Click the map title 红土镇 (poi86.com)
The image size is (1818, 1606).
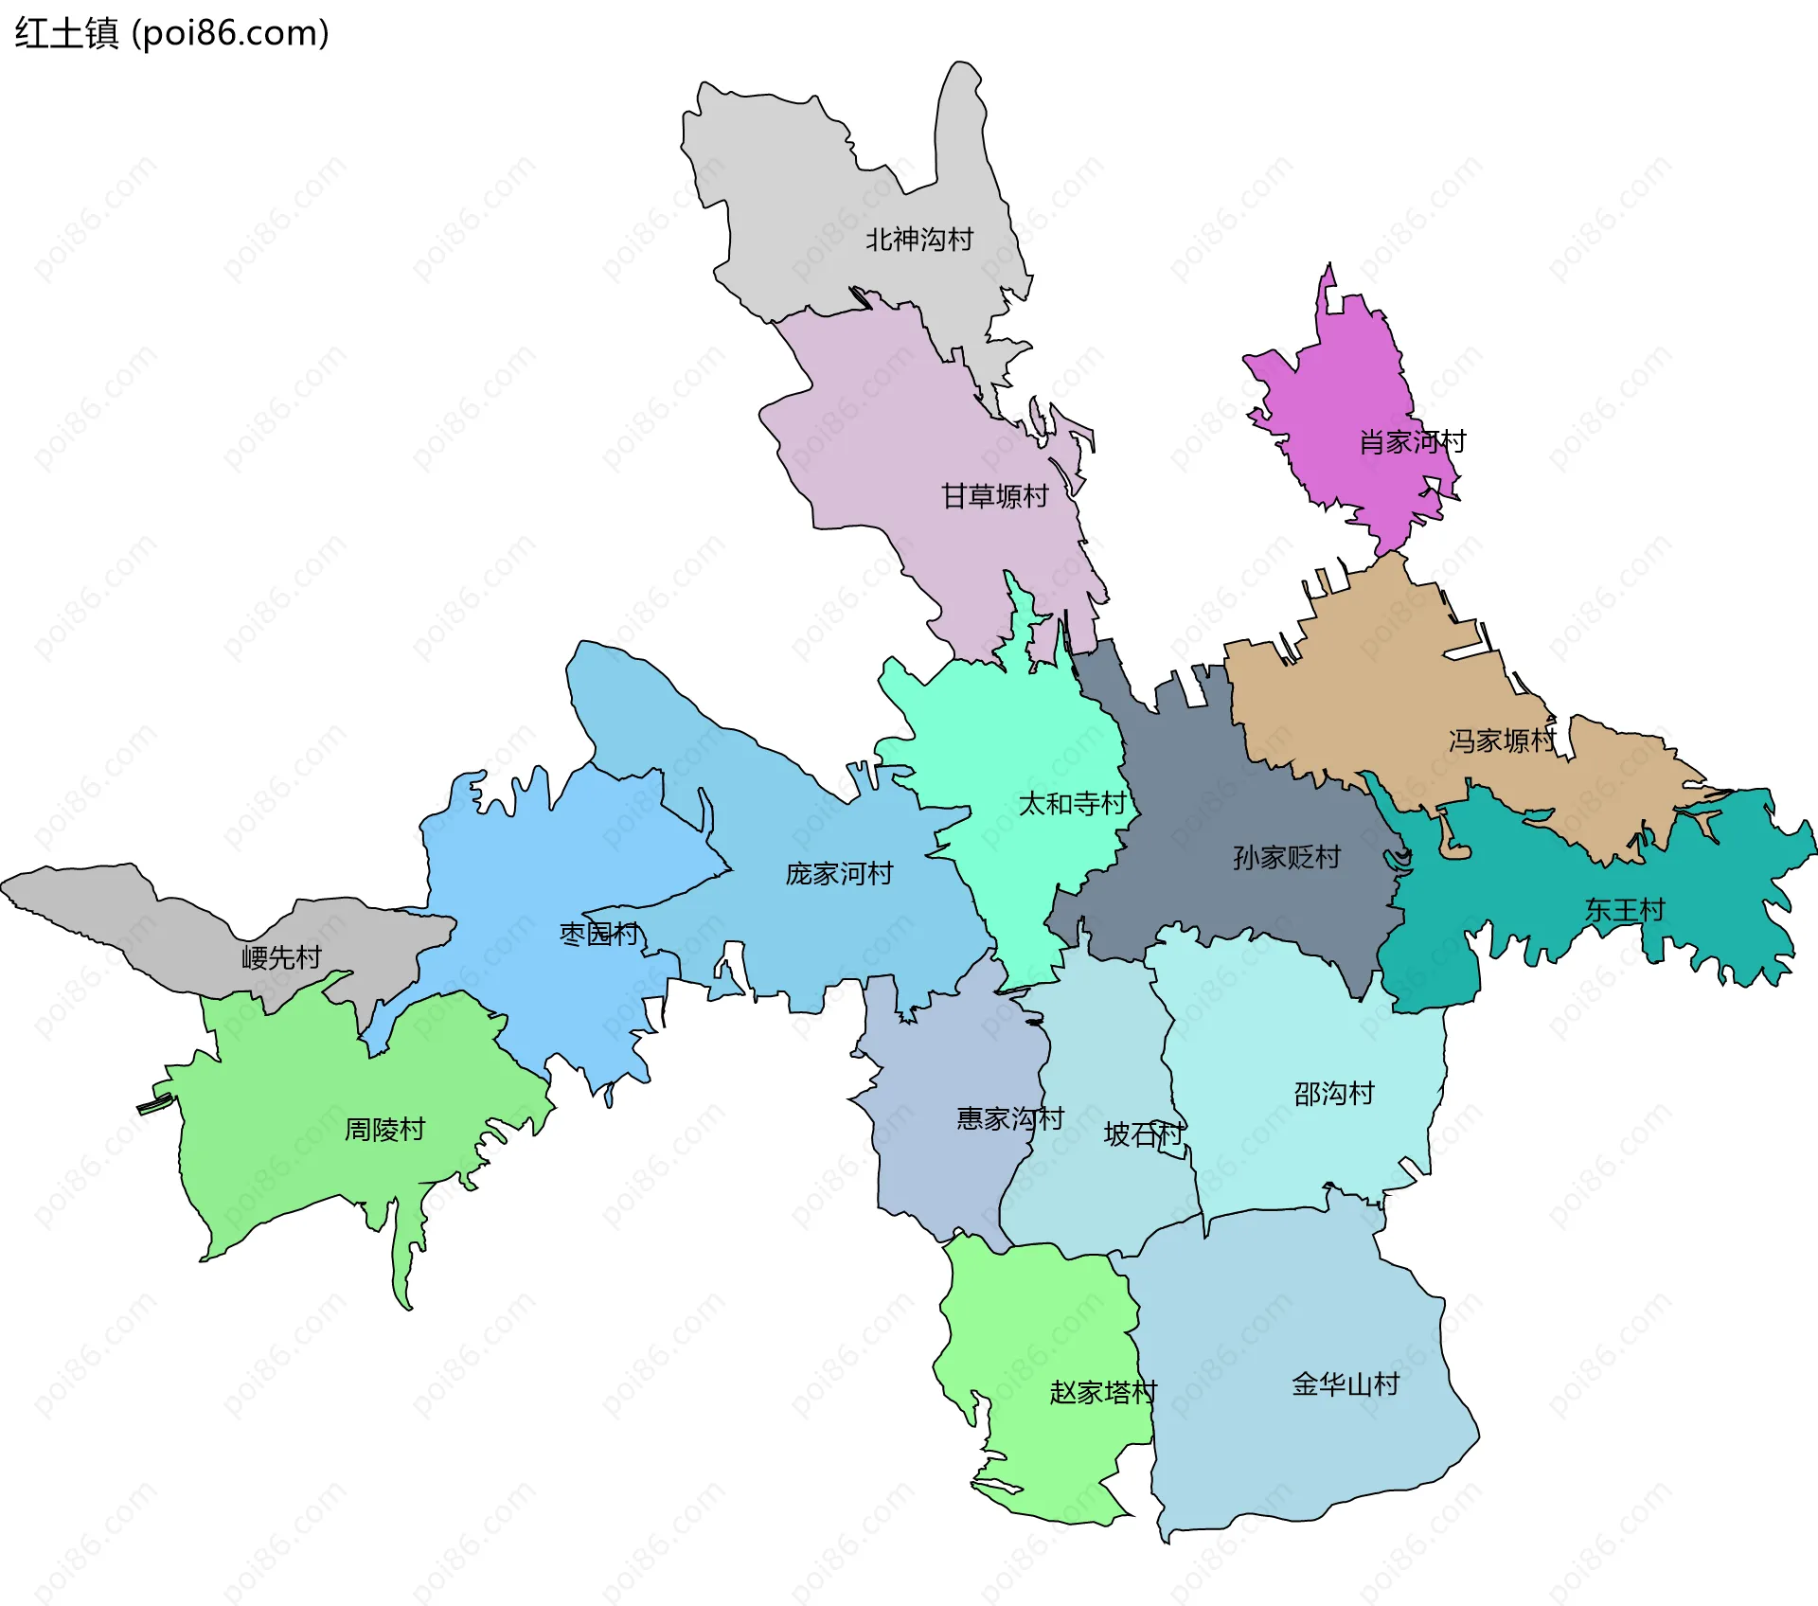pos(171,33)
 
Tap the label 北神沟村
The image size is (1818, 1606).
pos(918,240)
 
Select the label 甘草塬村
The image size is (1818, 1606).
pos(994,496)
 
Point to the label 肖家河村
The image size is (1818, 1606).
pos(1412,441)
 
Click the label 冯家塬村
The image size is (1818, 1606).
pos(1502,741)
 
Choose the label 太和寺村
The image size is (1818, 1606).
pos(1072,804)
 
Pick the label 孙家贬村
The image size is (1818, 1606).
pos(1286,858)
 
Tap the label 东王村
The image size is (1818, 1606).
pos(1624,910)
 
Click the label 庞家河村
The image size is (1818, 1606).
pos(839,873)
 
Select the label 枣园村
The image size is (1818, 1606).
pos(599,935)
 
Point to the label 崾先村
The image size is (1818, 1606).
pos(281,957)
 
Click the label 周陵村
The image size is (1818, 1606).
pos(384,1129)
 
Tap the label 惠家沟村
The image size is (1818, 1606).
pos(1009,1118)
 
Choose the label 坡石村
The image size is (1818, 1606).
pos(1143,1133)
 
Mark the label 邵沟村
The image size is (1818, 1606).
pos(1333,1094)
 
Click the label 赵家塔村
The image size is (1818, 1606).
pos(1102,1392)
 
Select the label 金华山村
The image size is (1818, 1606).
pos(1345,1384)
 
